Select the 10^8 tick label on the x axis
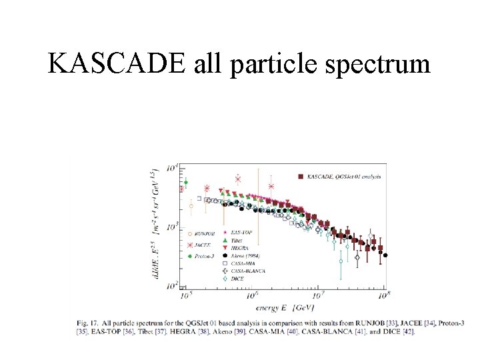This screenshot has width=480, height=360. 383,295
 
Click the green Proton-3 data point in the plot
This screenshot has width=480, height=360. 186,182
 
